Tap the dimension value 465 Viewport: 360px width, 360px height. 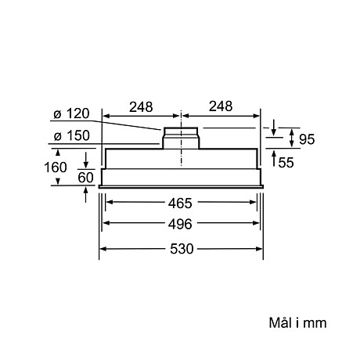click(182, 203)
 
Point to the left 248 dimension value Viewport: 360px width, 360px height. click(142, 106)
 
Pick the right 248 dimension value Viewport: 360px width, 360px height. click(221, 106)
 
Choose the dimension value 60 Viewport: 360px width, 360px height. click(86, 177)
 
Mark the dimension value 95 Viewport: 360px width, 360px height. click(306, 139)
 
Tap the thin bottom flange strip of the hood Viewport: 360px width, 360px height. click(182, 185)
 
